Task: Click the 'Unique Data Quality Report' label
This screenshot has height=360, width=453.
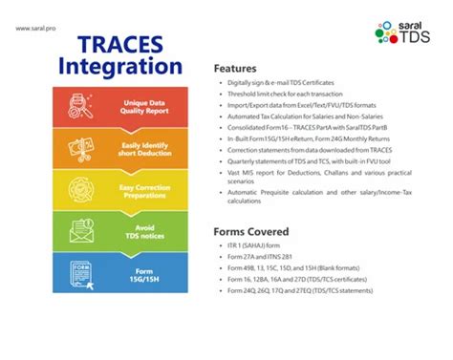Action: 144,107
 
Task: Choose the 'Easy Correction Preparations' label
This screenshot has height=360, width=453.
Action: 144,192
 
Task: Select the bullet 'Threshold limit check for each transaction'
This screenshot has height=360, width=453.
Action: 288,96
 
